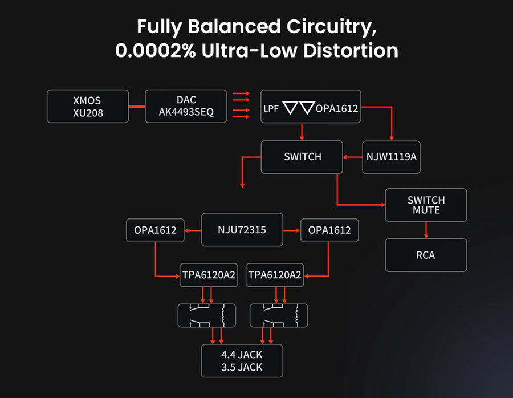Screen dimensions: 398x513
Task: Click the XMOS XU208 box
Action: [x=88, y=107]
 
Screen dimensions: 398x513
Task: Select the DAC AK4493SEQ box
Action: [x=186, y=106]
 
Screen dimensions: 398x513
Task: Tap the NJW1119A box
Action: [x=391, y=157]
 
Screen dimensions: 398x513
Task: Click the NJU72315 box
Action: [x=242, y=230]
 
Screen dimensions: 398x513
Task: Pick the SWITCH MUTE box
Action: [x=426, y=205]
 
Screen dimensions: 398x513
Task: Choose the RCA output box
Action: [x=426, y=255]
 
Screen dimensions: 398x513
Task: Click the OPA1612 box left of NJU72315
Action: [x=155, y=230]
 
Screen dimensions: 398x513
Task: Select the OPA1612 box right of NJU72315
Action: [x=329, y=230]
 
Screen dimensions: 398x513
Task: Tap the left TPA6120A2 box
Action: [x=208, y=275]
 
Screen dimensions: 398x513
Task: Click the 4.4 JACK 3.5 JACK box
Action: [x=242, y=361]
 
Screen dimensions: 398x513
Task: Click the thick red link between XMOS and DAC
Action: [x=136, y=107]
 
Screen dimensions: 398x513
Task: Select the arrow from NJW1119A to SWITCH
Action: [x=353, y=157]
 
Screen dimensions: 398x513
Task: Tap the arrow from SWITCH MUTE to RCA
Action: [x=426, y=230]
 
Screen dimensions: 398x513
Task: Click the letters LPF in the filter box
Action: [x=271, y=108]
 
